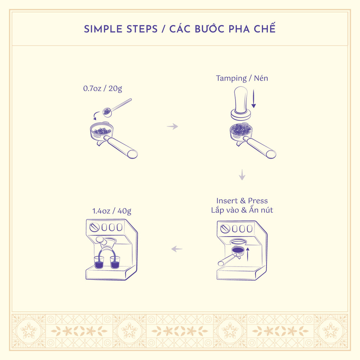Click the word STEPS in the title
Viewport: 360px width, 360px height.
[x=142, y=29]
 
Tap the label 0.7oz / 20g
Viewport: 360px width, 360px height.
[x=103, y=88]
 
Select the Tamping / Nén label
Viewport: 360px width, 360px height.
[x=242, y=78]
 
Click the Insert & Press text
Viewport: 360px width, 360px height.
[x=242, y=201]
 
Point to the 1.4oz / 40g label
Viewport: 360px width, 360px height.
[x=112, y=211]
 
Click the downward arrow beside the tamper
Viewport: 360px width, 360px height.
[x=253, y=99]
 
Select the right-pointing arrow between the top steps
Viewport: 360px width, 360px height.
[x=172, y=126]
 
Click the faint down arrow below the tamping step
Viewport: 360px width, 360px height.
[x=242, y=175]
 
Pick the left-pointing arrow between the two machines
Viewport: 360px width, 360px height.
[x=177, y=249]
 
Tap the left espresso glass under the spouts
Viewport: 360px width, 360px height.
[x=99, y=262]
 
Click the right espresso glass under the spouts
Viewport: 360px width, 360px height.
[x=115, y=262]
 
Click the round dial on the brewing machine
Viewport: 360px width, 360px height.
[x=94, y=227]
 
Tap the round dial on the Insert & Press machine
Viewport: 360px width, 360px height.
[x=225, y=229]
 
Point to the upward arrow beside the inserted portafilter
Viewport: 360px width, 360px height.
[x=247, y=255]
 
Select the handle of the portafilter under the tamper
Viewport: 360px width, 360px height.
[x=259, y=147]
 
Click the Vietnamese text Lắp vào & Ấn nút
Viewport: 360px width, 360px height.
[x=242, y=210]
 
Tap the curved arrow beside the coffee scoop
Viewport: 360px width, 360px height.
[x=96, y=115]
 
